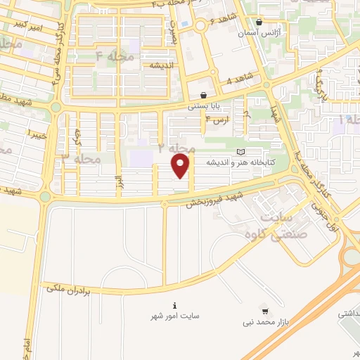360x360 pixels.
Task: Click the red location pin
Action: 181,167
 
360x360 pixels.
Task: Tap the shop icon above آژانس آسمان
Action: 259,22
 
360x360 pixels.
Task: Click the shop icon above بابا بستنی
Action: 203,95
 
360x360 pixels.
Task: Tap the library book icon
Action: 242,152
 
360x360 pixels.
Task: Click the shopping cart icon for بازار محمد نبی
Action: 264,310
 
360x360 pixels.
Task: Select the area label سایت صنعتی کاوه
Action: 288,225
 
